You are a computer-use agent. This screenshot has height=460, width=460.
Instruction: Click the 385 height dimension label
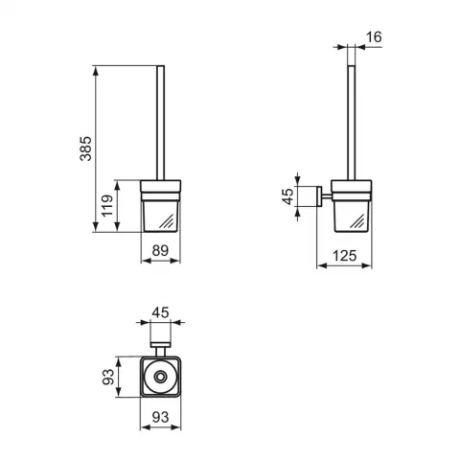(x=85, y=149)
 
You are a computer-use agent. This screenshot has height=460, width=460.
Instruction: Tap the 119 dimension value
(x=107, y=206)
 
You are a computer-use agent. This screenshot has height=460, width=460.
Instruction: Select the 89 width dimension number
(x=160, y=251)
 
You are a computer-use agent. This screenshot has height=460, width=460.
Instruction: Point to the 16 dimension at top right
(x=374, y=37)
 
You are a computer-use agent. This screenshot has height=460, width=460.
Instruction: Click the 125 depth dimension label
(x=345, y=256)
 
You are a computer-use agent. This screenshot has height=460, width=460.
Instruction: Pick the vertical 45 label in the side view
(x=288, y=196)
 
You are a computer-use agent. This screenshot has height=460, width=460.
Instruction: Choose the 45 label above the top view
(x=160, y=312)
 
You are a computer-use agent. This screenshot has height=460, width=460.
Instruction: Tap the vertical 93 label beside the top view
(x=108, y=377)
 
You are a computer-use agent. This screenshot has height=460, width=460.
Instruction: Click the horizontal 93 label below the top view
(x=160, y=417)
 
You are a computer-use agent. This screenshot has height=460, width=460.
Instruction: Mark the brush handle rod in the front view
(x=161, y=123)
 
